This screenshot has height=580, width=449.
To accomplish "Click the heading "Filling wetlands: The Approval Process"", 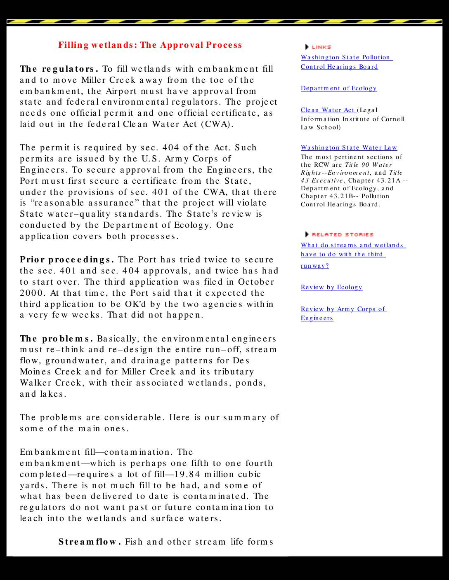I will (150, 45).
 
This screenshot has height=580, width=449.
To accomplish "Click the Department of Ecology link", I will (338, 88).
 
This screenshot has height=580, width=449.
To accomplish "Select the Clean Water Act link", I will (328, 110).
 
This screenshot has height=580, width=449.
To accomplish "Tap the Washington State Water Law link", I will (349, 147).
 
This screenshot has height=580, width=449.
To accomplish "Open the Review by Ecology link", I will (331, 287).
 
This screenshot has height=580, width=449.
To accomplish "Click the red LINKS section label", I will (321, 47).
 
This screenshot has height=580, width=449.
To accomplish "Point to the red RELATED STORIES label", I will (342, 234).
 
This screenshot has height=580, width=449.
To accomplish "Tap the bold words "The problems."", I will (56, 339).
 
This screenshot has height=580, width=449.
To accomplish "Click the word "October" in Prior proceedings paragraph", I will (256, 282).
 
